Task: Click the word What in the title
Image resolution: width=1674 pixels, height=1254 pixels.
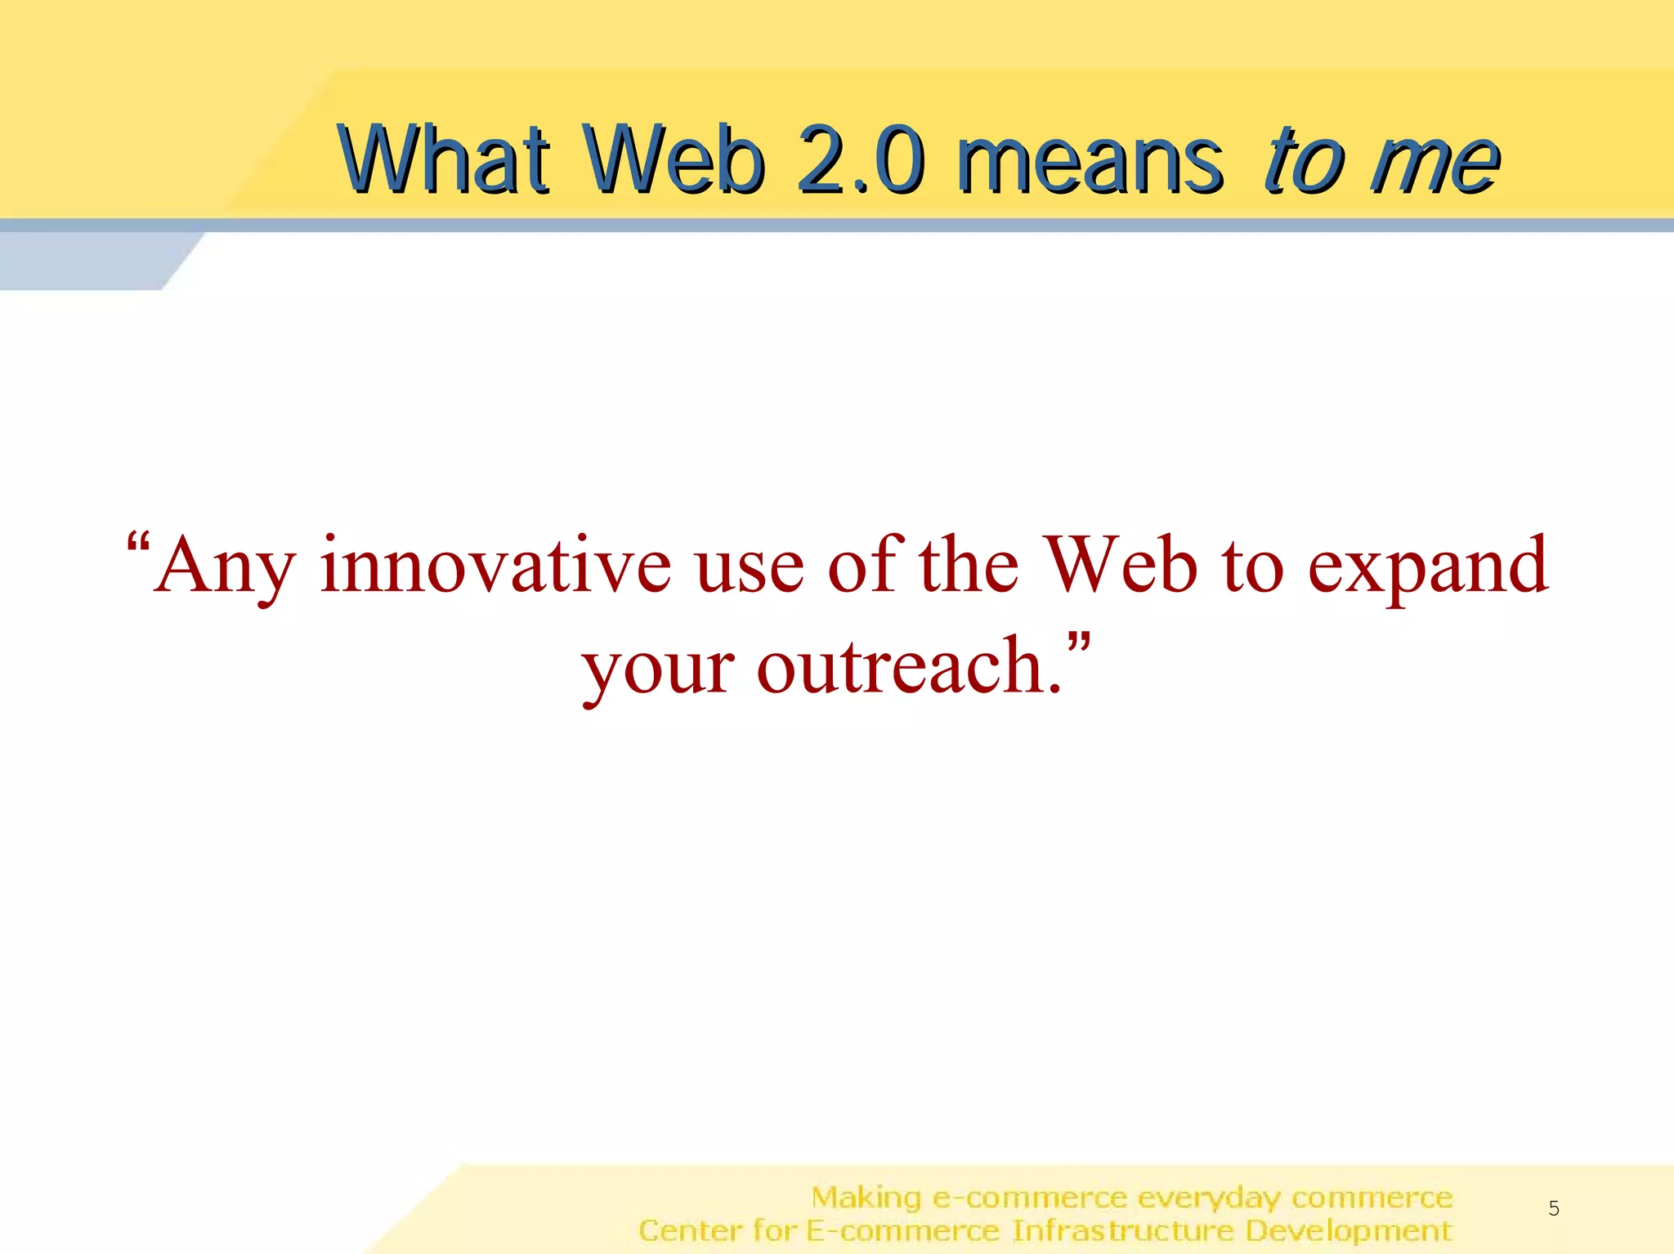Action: tap(444, 159)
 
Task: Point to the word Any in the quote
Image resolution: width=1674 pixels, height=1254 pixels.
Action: tap(225, 567)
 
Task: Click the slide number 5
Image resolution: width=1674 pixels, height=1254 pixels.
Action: tap(1554, 1208)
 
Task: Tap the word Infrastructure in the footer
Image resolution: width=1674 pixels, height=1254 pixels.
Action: tap(1122, 1230)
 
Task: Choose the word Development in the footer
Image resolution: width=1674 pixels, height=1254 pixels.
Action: tap(1349, 1231)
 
